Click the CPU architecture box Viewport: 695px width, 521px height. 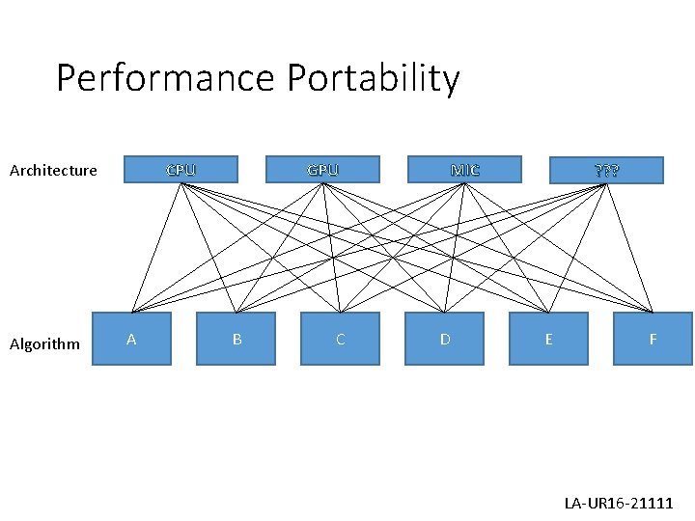(181, 170)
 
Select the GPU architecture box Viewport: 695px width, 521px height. (322, 170)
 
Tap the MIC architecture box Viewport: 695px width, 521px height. (464, 170)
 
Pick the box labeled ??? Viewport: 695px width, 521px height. (606, 171)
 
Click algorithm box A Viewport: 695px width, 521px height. (131, 339)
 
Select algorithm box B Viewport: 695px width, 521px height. (236, 339)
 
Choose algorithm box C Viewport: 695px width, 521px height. (340, 339)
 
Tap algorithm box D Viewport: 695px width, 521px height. (444, 339)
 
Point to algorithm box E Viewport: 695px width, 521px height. (548, 339)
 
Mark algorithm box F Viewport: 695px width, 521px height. (653, 339)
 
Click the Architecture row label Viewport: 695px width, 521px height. (53, 171)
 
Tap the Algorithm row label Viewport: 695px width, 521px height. (44, 344)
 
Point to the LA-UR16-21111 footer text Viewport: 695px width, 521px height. (619, 504)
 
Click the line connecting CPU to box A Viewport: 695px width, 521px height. (155, 248)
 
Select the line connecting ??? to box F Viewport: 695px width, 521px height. (629, 248)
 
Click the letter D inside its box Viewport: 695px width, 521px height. (444, 339)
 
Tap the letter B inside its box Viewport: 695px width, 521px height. (236, 339)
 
